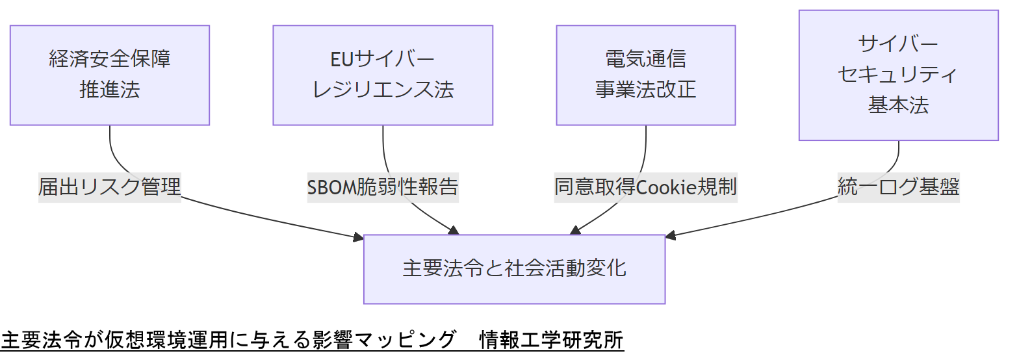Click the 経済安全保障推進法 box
point(110,75)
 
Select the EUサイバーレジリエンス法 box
point(383,75)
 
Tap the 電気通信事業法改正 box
point(646,75)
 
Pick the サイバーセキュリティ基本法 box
point(898,75)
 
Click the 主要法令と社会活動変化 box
point(514,269)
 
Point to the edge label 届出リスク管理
point(110,187)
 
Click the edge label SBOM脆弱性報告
point(383,187)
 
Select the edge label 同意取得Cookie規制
point(645,187)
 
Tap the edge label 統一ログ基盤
point(898,187)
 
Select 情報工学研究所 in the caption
point(551,341)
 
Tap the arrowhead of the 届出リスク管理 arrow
point(359,238)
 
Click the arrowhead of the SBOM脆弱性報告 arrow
point(454,230)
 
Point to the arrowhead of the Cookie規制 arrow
point(575,230)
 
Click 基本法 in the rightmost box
point(898,105)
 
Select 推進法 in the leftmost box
point(110,90)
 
